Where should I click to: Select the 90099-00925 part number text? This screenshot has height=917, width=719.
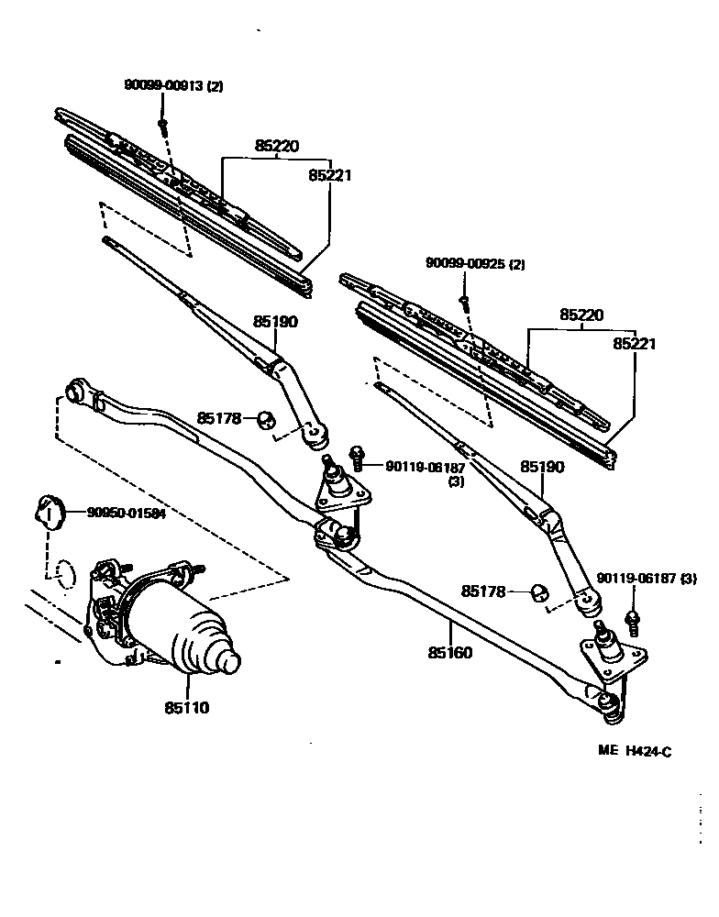466,263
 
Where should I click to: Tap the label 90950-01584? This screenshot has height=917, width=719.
127,514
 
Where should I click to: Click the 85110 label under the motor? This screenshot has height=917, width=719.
187,708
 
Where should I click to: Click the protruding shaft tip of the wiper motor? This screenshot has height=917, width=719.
229,658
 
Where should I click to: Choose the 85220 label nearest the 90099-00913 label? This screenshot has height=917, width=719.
277,145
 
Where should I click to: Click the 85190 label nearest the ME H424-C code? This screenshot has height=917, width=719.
543,467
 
